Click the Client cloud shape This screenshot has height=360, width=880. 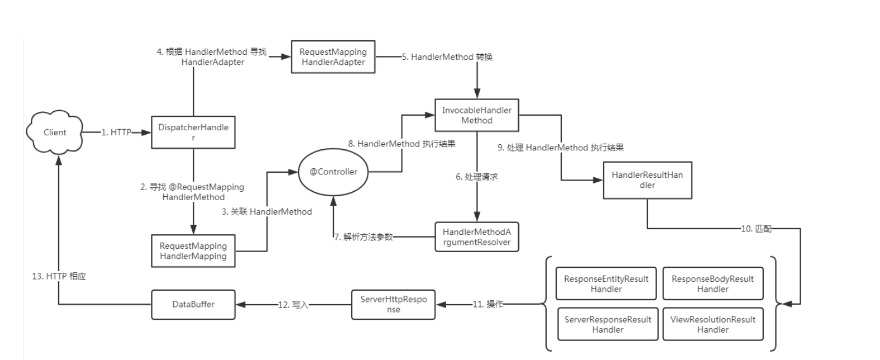click(x=55, y=132)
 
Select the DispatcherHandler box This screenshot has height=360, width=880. click(x=193, y=132)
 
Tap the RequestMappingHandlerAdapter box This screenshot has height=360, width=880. click(x=333, y=57)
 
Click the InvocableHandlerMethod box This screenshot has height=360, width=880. click(x=477, y=115)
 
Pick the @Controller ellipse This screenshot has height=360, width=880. click(x=333, y=172)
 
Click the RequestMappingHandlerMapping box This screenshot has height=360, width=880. click(x=193, y=251)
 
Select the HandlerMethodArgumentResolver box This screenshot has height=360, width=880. click(x=477, y=237)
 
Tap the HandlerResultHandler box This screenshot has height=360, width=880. click(x=647, y=180)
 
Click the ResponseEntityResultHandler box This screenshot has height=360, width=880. click(x=607, y=283)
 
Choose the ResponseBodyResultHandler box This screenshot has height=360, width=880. click(x=713, y=283)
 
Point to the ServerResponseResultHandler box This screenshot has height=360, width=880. click(x=608, y=324)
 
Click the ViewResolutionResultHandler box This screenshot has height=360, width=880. click(x=713, y=324)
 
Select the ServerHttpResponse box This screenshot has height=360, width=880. click(x=393, y=304)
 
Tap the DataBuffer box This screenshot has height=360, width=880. click(x=193, y=304)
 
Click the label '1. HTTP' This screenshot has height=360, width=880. click(x=116, y=132)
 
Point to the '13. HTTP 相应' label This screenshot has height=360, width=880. click(x=59, y=276)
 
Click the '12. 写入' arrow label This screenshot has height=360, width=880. click(x=293, y=305)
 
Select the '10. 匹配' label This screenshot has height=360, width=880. click(x=756, y=229)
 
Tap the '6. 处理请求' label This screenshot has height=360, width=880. click(x=476, y=177)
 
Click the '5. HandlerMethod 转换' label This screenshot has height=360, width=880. click(x=447, y=57)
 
